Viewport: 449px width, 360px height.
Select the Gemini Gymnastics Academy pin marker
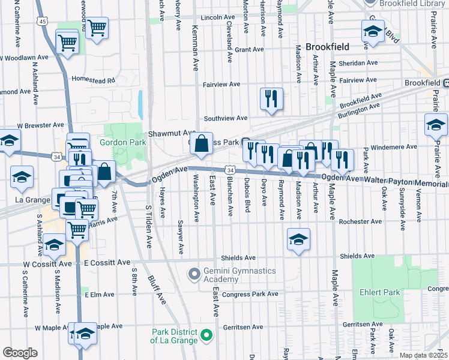point(193,275)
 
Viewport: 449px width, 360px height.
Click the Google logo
point(20,353)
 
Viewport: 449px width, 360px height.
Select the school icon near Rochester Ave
point(298,239)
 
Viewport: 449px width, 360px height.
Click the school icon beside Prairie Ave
point(435,125)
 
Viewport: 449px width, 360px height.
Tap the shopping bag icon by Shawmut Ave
point(202,144)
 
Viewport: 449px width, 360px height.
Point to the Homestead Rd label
point(93,79)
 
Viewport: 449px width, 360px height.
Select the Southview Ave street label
point(226,118)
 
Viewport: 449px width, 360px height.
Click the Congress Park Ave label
point(250,294)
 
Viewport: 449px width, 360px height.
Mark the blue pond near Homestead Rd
point(140,104)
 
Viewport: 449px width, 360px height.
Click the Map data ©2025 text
point(424,355)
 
